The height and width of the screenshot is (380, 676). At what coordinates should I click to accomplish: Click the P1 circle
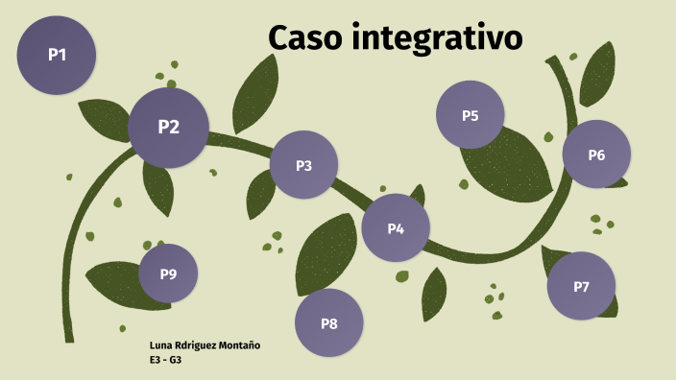coord(57,55)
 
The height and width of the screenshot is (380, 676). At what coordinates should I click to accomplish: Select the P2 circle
coord(168,127)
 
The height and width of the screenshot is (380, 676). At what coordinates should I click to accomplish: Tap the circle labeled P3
coord(303,165)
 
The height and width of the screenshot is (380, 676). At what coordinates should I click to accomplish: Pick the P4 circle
coord(396,227)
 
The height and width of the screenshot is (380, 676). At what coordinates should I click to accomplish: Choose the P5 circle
coord(470,115)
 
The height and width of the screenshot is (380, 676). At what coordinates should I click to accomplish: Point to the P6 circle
coord(596,154)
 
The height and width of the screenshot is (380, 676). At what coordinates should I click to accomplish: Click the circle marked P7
coord(581,286)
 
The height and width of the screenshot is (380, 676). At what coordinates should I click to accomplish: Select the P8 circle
coord(328,323)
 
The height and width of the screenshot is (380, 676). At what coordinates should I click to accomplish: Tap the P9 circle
coord(168,273)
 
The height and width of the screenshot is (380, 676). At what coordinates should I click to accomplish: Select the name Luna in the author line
coord(161,344)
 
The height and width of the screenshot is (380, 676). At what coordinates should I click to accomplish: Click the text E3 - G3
coord(166,359)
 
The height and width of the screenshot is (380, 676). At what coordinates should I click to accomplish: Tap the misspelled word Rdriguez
coord(197,344)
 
